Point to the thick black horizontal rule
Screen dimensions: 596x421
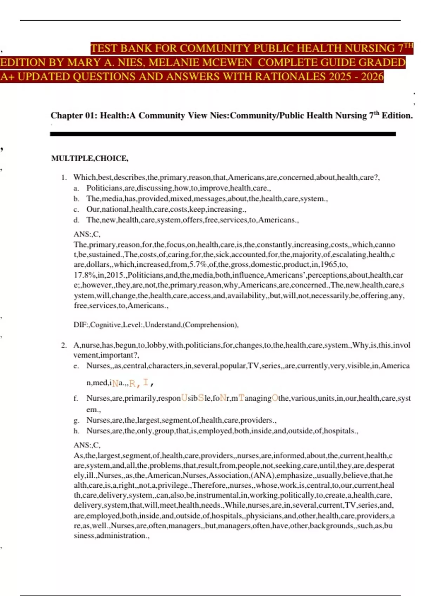[x=223, y=134]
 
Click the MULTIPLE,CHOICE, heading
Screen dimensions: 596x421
[x=90, y=158]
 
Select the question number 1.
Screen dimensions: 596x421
[x=64, y=177]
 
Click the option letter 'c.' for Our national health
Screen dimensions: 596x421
[x=76, y=210]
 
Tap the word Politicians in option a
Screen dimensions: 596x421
[x=104, y=188]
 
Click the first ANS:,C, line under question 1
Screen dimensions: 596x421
[x=87, y=234]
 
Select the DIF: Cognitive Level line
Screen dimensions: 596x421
[x=156, y=325]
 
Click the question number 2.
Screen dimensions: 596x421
[x=64, y=345]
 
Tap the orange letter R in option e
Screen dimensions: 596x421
[x=132, y=383]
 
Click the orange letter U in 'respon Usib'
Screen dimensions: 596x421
[x=184, y=398]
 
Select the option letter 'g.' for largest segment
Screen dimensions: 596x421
[x=76, y=420]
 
